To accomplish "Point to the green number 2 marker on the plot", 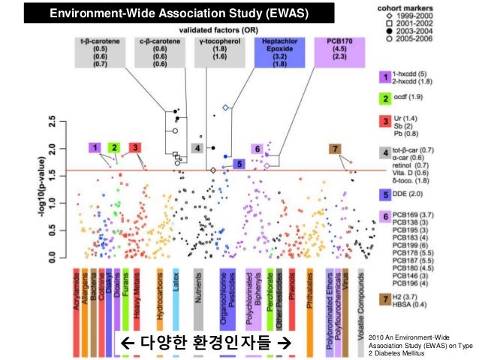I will (x=113, y=147).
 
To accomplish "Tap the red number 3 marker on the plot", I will (x=134, y=147).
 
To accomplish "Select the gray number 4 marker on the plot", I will (x=197, y=148).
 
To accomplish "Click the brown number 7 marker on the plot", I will (x=335, y=148).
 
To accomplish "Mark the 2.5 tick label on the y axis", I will (x=51, y=120).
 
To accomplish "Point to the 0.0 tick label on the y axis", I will (x=51, y=258).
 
